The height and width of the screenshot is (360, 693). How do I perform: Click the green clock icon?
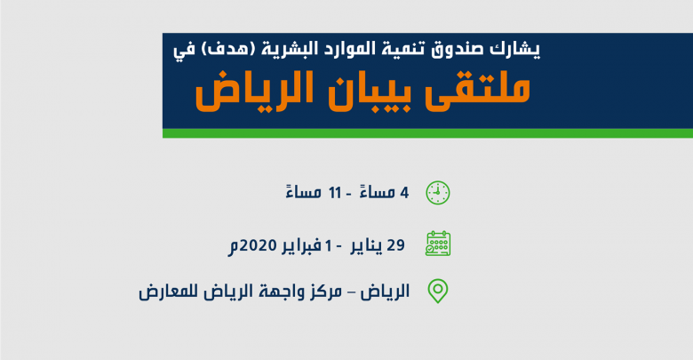[437, 193]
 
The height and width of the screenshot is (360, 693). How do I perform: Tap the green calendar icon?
[438, 244]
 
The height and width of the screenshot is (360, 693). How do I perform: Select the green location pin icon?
[438, 291]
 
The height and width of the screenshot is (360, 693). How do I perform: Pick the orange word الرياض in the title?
[254, 91]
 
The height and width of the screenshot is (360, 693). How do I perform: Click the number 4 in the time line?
[404, 193]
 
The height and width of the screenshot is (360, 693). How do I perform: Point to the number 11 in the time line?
[335, 193]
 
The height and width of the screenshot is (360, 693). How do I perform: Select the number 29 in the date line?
[395, 244]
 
